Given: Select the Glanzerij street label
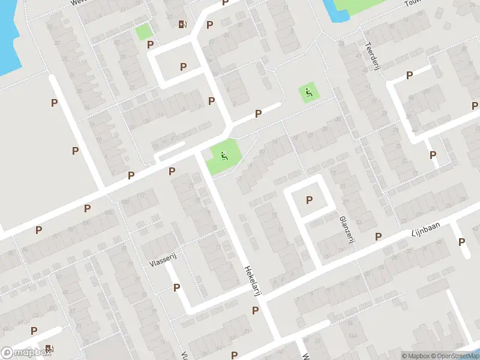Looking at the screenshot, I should point(345,230).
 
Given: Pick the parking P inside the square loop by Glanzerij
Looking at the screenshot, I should point(310,200).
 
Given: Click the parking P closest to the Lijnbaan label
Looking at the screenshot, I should point(379,237).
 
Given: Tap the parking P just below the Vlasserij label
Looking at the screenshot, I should point(176,287).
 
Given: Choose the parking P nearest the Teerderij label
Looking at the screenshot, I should point(410,76).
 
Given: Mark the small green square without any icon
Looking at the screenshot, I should point(143,31).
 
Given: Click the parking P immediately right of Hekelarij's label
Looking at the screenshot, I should point(256,310).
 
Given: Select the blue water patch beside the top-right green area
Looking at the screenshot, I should point(329,7).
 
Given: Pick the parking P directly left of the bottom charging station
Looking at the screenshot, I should point(34,331).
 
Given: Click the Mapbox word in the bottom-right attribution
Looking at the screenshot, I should point(419,356).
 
